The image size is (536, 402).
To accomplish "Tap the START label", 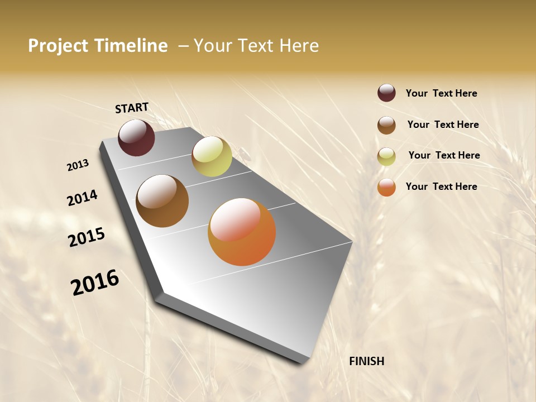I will tap(132, 108).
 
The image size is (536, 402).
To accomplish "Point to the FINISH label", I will tap(367, 361).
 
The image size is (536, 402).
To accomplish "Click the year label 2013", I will tap(78, 165).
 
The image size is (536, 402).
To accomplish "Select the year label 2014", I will tap(83, 198).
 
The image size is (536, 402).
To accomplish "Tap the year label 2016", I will tap(95, 282).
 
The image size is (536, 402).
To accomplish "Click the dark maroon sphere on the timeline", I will tap(136, 137).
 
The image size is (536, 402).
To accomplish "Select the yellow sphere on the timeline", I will tap(212, 156).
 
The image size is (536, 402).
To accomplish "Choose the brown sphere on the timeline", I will tap(162, 201).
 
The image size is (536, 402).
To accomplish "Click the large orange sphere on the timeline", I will tap(242, 232).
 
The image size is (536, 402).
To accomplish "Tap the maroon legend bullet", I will tap(386, 93).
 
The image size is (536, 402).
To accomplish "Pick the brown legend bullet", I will tap(386, 125).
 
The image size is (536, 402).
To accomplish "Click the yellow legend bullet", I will tap(386, 156).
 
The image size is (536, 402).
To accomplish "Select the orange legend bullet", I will tap(386, 187).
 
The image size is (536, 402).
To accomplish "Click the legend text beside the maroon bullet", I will tap(441, 93).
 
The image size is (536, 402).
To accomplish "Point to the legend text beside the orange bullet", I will tap(441, 186).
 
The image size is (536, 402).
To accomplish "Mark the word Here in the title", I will tap(299, 46).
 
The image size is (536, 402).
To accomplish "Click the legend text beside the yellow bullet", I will tap(444, 155).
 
